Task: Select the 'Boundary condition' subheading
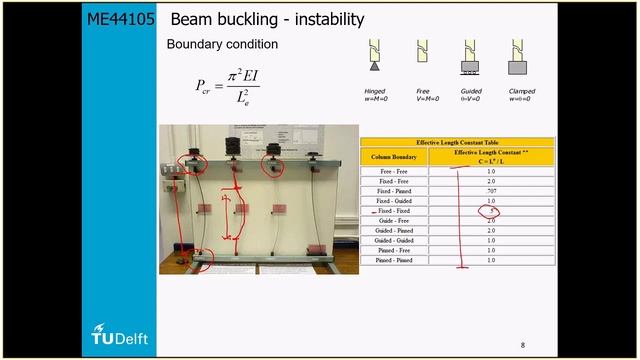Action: pyautogui.click(x=222, y=45)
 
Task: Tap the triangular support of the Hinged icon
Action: pyautogui.click(x=375, y=71)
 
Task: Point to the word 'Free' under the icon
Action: pyautogui.click(x=423, y=91)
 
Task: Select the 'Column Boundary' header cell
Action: pyautogui.click(x=394, y=158)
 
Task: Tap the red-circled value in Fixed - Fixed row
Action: pyautogui.click(x=489, y=211)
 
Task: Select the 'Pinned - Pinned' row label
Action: pyautogui.click(x=394, y=260)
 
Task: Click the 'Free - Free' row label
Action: pyautogui.click(x=394, y=171)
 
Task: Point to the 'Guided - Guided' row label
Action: pyautogui.click(x=394, y=240)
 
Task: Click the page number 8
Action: pyautogui.click(x=522, y=345)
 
